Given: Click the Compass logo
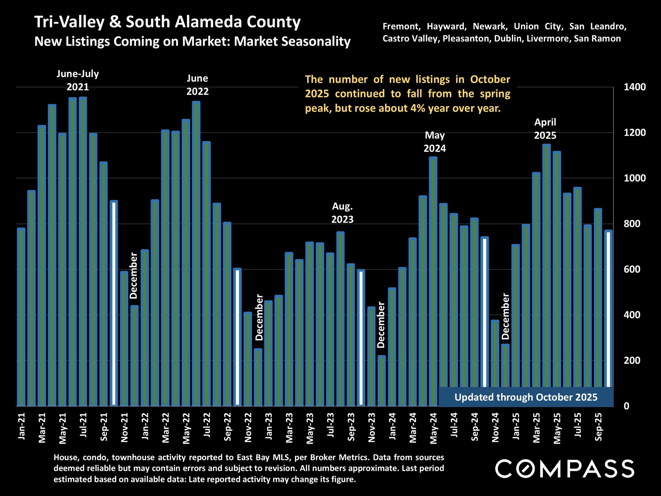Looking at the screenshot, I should pos(565,468).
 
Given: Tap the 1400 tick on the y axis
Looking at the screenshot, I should pos(634,87).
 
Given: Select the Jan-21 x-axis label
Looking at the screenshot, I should pos(22,426).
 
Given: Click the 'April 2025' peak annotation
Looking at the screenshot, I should pos(545,129).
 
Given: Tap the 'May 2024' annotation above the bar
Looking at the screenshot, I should pos(434,142).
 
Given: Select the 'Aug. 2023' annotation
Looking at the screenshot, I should pos(342,213).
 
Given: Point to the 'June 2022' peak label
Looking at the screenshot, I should pos(197,85).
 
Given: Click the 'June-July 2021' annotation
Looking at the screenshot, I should pos(77,80).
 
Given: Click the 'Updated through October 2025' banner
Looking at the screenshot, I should pos(526,397).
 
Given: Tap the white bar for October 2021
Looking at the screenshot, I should pos(114,303).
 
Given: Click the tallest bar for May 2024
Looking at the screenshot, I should pos(433,276).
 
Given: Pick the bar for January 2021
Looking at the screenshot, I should pos(21,317).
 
